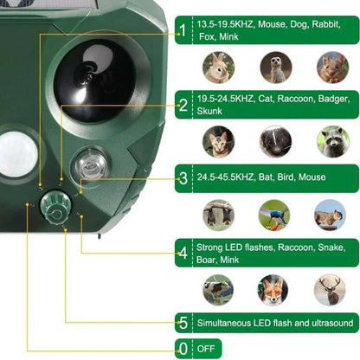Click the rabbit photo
(x=217, y=67)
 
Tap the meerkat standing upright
(x=276, y=67)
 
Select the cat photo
(x=217, y=141)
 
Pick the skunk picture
(x=276, y=141)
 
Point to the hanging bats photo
(x=217, y=215)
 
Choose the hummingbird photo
(x=276, y=215)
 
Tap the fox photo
(x=273, y=289)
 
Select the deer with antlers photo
(x=330, y=289)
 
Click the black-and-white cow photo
(x=217, y=289)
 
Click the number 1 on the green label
(x=183, y=32)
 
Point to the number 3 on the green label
(x=183, y=179)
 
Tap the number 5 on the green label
(x=183, y=323)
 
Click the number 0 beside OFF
(x=183, y=348)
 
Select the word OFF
(x=208, y=348)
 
